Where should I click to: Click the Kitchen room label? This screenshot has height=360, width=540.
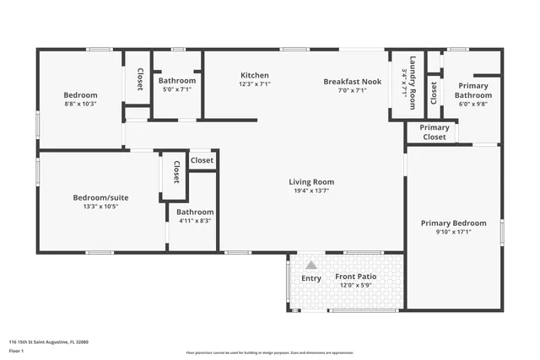[x=254, y=75]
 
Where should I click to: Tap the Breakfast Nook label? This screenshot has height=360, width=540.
[x=353, y=81]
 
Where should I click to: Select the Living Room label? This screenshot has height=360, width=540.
[x=311, y=181]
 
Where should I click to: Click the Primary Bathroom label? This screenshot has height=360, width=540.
[x=474, y=90]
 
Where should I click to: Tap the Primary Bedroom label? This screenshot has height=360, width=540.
[x=454, y=223]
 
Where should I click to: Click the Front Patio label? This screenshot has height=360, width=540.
[x=355, y=277]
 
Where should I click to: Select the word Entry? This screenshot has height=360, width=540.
[x=311, y=278]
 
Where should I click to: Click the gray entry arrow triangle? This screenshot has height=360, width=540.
[x=311, y=265]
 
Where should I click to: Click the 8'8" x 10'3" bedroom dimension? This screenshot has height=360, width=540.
[x=80, y=104]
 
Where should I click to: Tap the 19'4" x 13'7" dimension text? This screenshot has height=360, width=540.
[x=311, y=191]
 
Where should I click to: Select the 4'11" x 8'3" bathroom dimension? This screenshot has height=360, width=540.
[x=195, y=220]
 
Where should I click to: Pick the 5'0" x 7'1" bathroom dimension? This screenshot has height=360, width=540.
[x=177, y=89]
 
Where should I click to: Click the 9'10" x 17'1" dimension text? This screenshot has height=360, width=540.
[x=454, y=232]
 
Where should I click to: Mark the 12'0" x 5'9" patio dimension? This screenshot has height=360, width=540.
[x=355, y=286]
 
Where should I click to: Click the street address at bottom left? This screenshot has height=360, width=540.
[x=48, y=341]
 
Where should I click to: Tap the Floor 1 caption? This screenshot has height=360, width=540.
[x=16, y=350]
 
